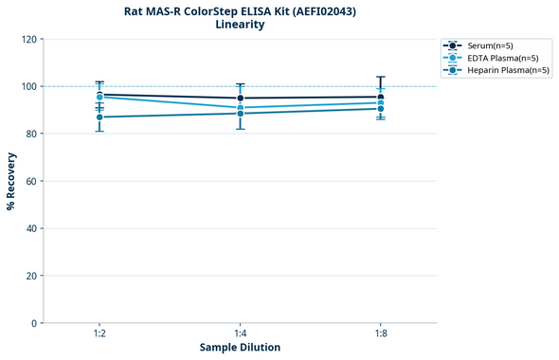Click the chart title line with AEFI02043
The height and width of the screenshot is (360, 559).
[240, 11]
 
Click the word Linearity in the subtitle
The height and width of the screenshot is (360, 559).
[240, 25]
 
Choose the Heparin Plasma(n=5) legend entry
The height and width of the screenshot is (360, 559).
[501, 70]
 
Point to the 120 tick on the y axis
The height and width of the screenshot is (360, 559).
[29, 39]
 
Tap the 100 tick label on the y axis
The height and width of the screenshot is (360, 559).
[29, 86]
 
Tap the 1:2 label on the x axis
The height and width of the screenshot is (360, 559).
[99, 333]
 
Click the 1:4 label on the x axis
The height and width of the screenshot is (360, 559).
[240, 333]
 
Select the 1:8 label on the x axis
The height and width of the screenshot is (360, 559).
[381, 333]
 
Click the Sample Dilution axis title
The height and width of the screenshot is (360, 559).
[240, 348]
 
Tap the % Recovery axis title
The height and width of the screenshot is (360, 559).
[11, 181]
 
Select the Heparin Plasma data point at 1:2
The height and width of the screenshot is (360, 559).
[99, 117]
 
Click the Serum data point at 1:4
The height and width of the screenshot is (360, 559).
[241, 99]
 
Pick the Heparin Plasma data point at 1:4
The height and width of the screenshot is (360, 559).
[241, 114]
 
